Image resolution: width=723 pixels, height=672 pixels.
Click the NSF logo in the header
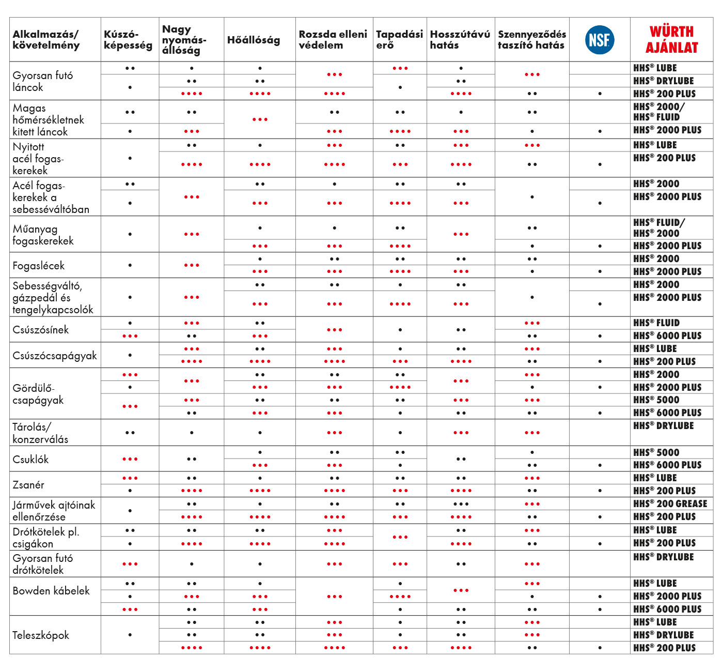[x=600, y=40]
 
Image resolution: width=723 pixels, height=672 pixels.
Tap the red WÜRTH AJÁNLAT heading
[x=671, y=40]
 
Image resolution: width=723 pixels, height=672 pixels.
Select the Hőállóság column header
[x=254, y=40]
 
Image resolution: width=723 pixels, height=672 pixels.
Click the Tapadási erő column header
[x=399, y=40]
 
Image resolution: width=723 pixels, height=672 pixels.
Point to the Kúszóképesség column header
[x=128, y=40]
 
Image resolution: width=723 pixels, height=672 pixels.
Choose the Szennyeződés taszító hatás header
[x=532, y=40]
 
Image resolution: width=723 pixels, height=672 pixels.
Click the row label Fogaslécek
[x=39, y=266]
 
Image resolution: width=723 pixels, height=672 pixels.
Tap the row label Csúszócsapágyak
[x=55, y=356]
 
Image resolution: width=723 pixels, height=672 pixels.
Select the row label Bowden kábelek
[x=51, y=591]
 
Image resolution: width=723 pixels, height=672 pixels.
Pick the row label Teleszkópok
[x=41, y=635]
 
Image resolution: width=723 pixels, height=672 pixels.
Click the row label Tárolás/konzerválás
[x=40, y=433]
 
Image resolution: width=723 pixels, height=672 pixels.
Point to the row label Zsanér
[x=28, y=485]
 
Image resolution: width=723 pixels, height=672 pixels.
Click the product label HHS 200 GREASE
[x=670, y=504]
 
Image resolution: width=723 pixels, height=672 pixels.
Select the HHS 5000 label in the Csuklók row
[x=656, y=452]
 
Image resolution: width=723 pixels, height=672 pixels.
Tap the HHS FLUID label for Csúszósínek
[x=656, y=323]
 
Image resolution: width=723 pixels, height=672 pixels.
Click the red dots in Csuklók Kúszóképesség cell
[x=130, y=459]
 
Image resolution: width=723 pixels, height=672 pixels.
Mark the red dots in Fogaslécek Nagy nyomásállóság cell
[x=192, y=265]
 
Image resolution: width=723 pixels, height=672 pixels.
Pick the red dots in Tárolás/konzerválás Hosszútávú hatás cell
[x=461, y=433]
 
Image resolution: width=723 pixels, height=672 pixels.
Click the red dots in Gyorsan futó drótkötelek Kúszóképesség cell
[x=130, y=564]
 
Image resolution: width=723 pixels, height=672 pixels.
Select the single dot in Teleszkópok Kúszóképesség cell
[x=130, y=635]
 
